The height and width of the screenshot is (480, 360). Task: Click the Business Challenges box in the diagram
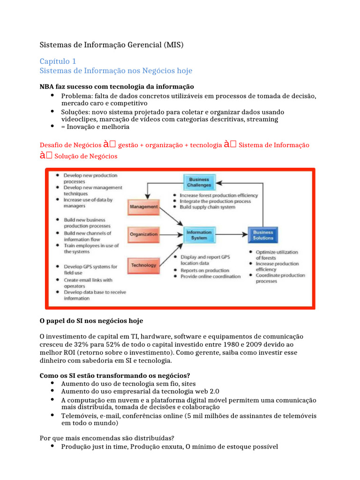coord(199,182)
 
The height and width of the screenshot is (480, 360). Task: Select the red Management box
coord(143,206)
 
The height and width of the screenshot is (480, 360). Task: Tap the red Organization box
coord(143,234)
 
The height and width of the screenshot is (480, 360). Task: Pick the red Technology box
coord(143,265)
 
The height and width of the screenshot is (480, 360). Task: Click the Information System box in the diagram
coord(199,234)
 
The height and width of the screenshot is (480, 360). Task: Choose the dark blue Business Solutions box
coord(263,234)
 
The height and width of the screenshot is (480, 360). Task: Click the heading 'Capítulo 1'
coord(58,61)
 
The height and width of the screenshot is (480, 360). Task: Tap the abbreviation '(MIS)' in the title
coord(174,45)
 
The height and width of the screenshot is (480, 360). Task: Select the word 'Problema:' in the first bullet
coord(76,96)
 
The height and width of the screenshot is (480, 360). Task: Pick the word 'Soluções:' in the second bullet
coord(76,112)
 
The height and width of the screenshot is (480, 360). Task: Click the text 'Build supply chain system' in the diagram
coord(208,207)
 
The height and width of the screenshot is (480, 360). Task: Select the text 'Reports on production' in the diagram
coord(205,270)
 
